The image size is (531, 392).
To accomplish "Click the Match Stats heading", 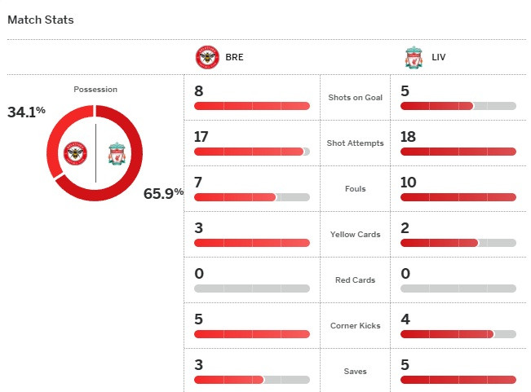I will (x=40, y=20).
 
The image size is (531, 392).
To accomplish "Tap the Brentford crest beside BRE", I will (x=207, y=58).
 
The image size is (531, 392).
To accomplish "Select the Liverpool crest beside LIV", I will (x=414, y=58).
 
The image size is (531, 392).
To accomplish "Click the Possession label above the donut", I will (x=95, y=90).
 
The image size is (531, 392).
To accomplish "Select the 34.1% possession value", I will (x=24, y=112).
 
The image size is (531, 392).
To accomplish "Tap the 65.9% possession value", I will (x=163, y=193).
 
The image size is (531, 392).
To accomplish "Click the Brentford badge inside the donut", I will (x=76, y=152).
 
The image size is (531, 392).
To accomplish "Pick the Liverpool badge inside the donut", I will (x=116, y=152).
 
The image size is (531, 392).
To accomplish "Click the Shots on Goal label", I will (x=355, y=98).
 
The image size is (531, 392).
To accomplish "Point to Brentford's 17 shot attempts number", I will (x=202, y=137).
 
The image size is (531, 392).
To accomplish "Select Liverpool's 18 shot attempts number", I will (x=409, y=137).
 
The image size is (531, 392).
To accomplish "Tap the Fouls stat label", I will (x=355, y=189).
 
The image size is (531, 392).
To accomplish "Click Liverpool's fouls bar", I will (x=458, y=197).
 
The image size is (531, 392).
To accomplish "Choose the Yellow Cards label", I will (x=355, y=235).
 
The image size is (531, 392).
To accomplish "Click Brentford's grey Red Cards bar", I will (x=252, y=288).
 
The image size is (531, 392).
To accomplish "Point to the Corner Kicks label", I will (x=355, y=326).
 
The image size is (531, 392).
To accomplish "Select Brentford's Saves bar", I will (x=252, y=380).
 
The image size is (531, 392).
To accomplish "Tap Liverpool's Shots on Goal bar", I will (x=458, y=106).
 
